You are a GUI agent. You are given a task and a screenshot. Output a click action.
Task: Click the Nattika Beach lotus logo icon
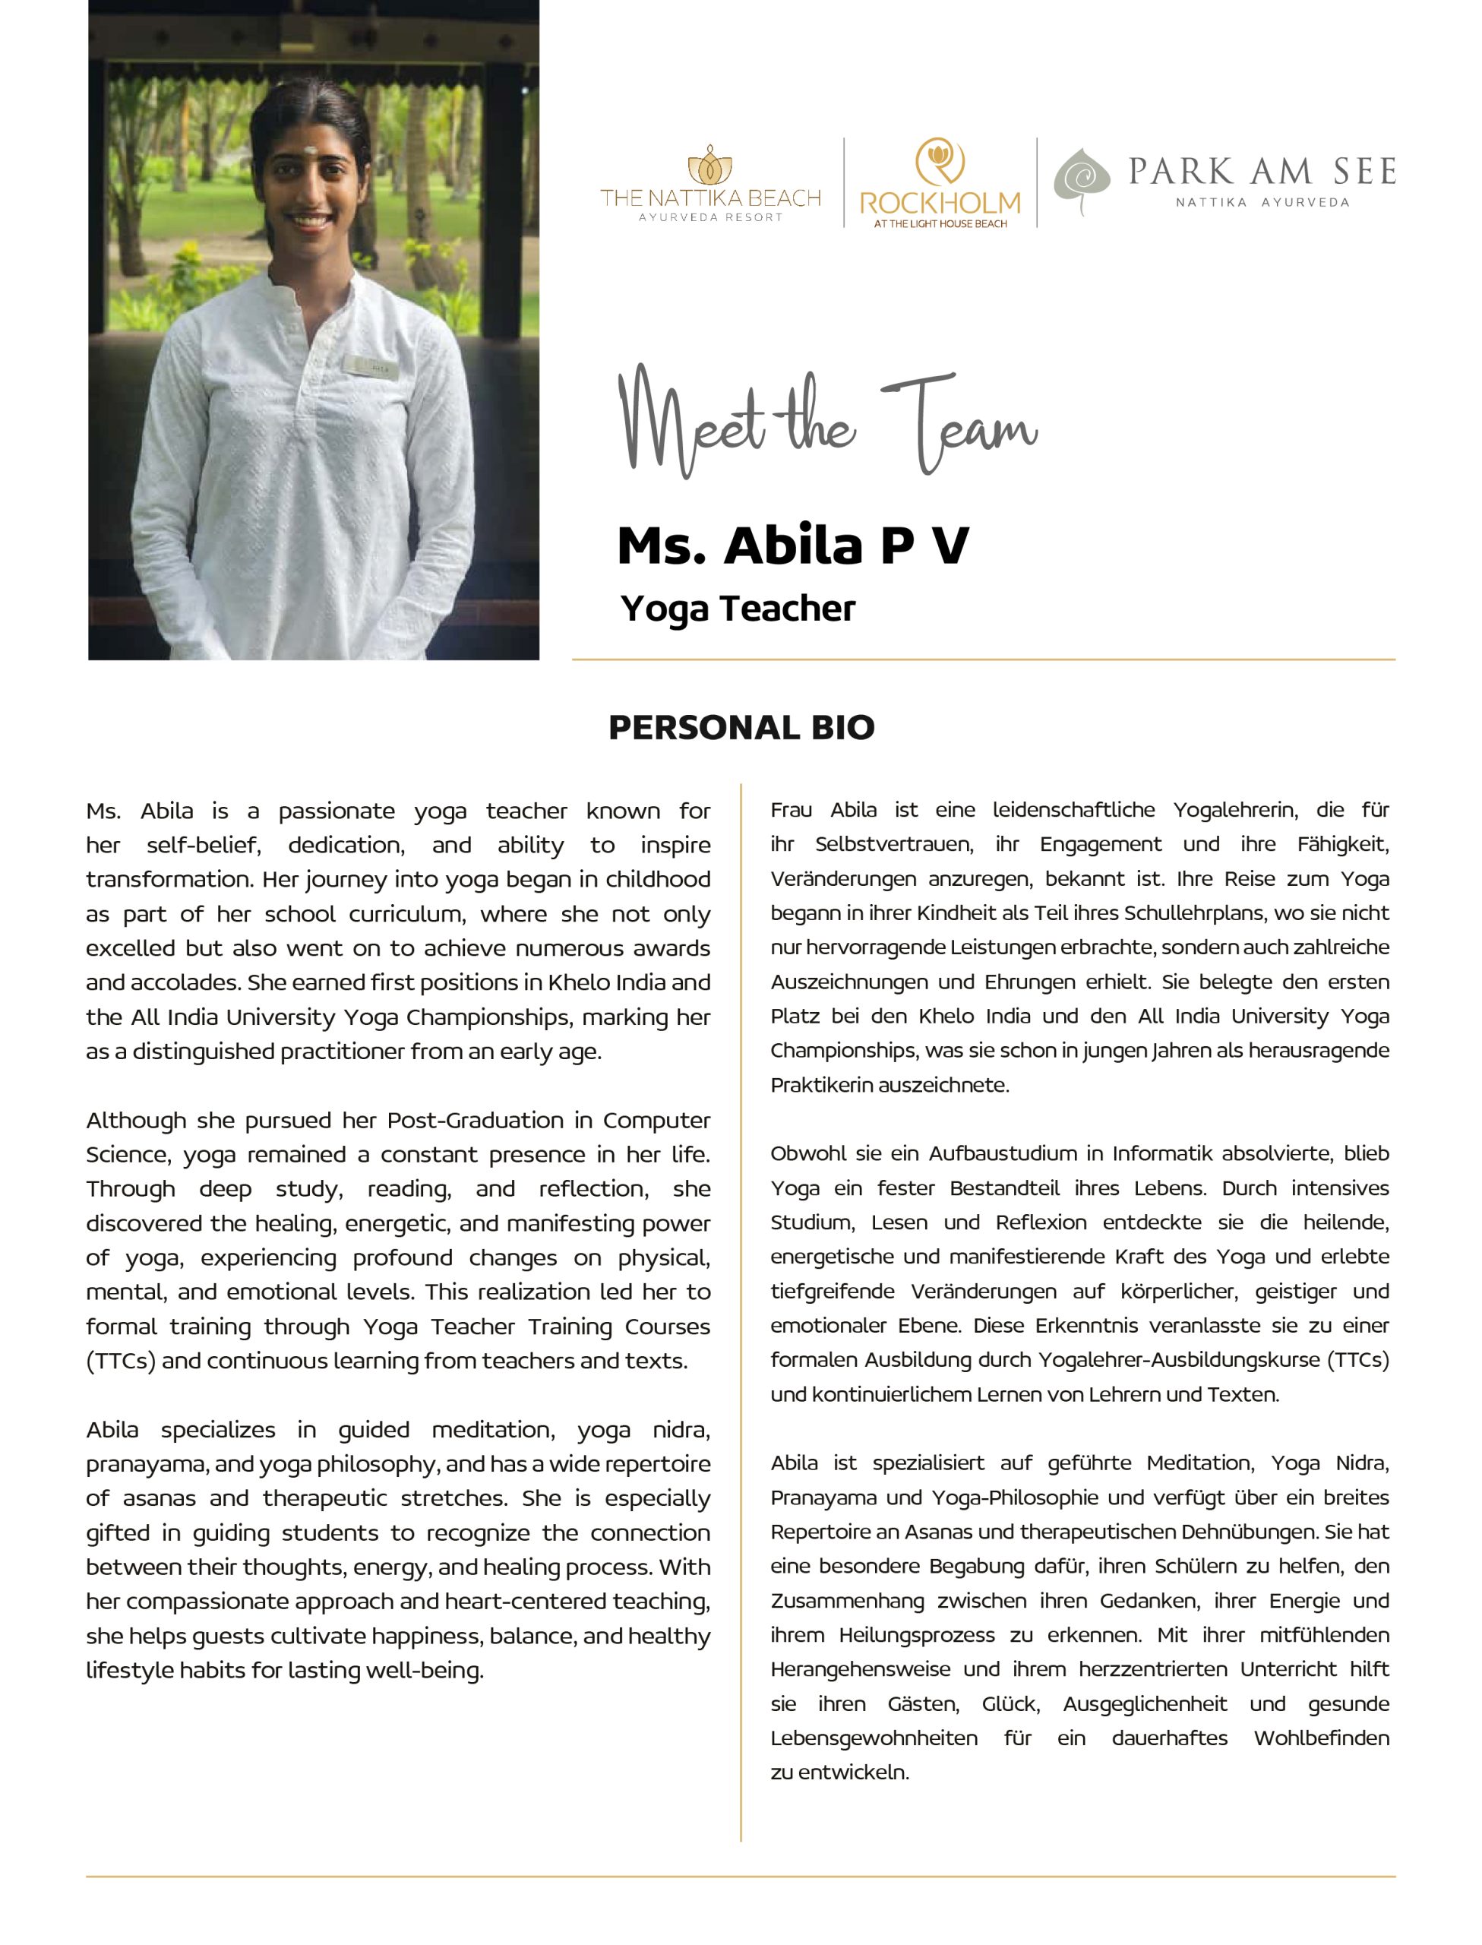pos(710,166)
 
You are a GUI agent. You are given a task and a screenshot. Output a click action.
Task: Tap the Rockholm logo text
pos(940,204)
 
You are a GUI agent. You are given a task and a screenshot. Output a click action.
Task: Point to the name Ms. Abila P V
pos(792,545)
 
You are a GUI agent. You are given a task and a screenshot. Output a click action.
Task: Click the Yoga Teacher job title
pos(738,609)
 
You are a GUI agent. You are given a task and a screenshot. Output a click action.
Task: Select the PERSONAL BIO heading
pos(741,728)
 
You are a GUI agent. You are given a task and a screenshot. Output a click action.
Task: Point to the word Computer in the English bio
pos(656,1120)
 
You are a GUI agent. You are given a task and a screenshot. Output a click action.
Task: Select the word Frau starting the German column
pos(792,810)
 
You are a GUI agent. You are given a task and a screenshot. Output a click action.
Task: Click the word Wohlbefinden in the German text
pos(1320,1738)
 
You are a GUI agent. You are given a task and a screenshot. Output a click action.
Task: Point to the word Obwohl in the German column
pos(800,1154)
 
